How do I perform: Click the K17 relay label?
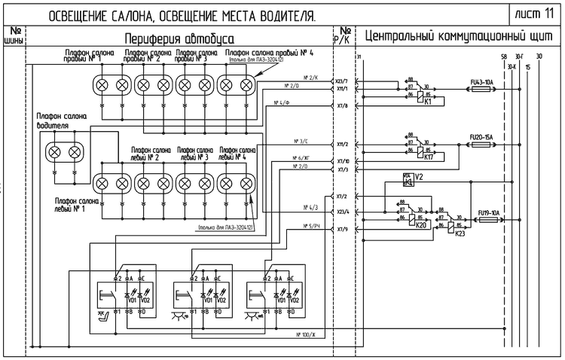(428, 157)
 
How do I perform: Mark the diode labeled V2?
(419, 177)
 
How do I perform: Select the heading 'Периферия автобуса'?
(177, 38)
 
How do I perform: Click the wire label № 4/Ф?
(282, 102)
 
